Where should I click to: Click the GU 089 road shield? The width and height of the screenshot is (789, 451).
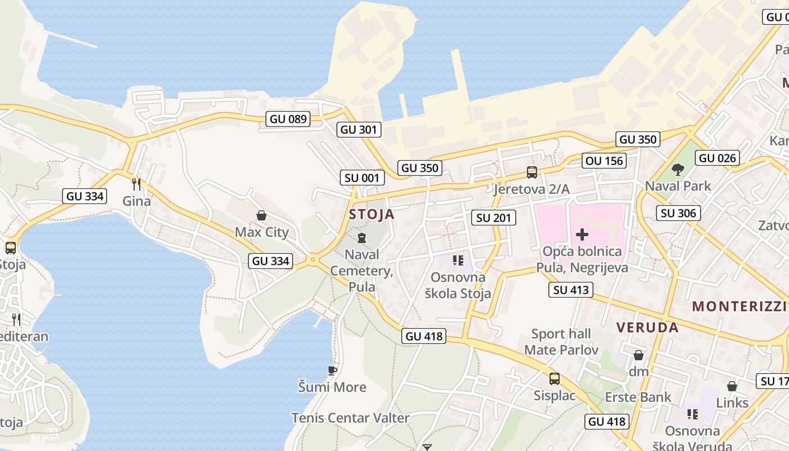(288, 119)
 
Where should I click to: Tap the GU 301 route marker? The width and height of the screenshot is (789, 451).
(359, 130)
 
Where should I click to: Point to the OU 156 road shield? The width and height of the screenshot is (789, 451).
(605, 161)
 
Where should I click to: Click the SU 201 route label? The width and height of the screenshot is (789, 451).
(493, 218)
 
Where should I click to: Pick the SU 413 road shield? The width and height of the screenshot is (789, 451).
(571, 290)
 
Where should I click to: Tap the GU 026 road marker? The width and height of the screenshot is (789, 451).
(717, 158)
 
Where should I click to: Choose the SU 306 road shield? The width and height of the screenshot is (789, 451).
(679, 213)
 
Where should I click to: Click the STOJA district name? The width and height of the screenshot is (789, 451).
(371, 215)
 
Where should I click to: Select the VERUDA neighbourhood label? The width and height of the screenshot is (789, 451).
(647, 328)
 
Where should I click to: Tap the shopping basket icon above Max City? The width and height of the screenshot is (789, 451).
(261, 215)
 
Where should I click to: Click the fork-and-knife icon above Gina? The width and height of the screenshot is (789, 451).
(136, 184)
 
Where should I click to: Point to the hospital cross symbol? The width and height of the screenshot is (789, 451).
(582, 234)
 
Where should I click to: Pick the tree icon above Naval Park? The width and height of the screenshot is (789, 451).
(677, 169)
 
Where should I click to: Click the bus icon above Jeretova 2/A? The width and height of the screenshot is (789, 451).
(531, 173)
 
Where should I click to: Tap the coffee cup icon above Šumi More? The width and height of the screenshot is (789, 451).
(333, 370)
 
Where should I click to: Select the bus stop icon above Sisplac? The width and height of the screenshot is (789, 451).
(555, 379)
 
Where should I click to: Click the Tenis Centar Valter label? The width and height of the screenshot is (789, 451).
(350, 418)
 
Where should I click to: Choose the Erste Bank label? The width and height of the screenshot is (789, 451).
(638, 397)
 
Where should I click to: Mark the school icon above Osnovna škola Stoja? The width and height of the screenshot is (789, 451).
(458, 260)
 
